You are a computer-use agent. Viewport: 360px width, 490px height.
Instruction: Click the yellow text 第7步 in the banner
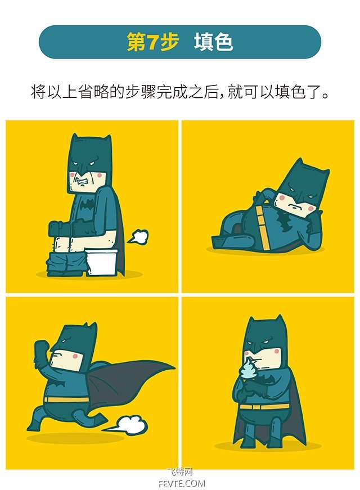pyautogui.click(x=152, y=42)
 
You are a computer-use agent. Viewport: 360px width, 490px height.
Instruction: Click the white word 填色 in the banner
pyautogui.click(x=213, y=42)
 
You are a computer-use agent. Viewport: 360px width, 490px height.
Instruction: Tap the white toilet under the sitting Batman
pyautogui.click(x=102, y=262)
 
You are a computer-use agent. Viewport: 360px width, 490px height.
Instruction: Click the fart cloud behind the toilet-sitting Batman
pyautogui.click(x=137, y=237)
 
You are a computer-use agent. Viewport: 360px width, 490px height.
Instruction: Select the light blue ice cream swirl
pyautogui.click(x=249, y=368)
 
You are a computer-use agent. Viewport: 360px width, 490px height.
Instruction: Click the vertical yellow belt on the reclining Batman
pyautogui.click(x=262, y=228)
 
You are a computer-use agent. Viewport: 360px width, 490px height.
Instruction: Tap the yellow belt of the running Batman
pyautogui.click(x=66, y=399)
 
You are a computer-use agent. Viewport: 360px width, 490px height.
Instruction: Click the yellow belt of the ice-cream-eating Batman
pyautogui.click(x=264, y=407)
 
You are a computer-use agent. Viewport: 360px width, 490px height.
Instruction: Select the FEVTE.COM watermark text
pyautogui.click(x=182, y=484)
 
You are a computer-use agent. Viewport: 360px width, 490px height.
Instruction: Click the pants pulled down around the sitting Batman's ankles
pyautogui.click(x=66, y=263)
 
